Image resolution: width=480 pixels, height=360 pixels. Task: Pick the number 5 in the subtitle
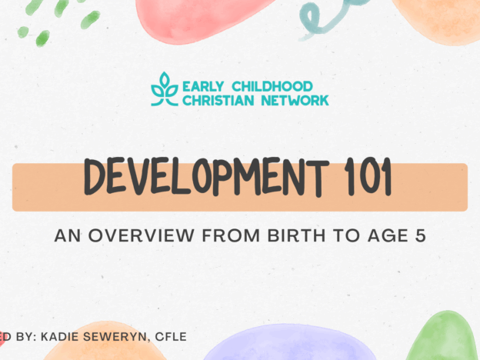point(420,235)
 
